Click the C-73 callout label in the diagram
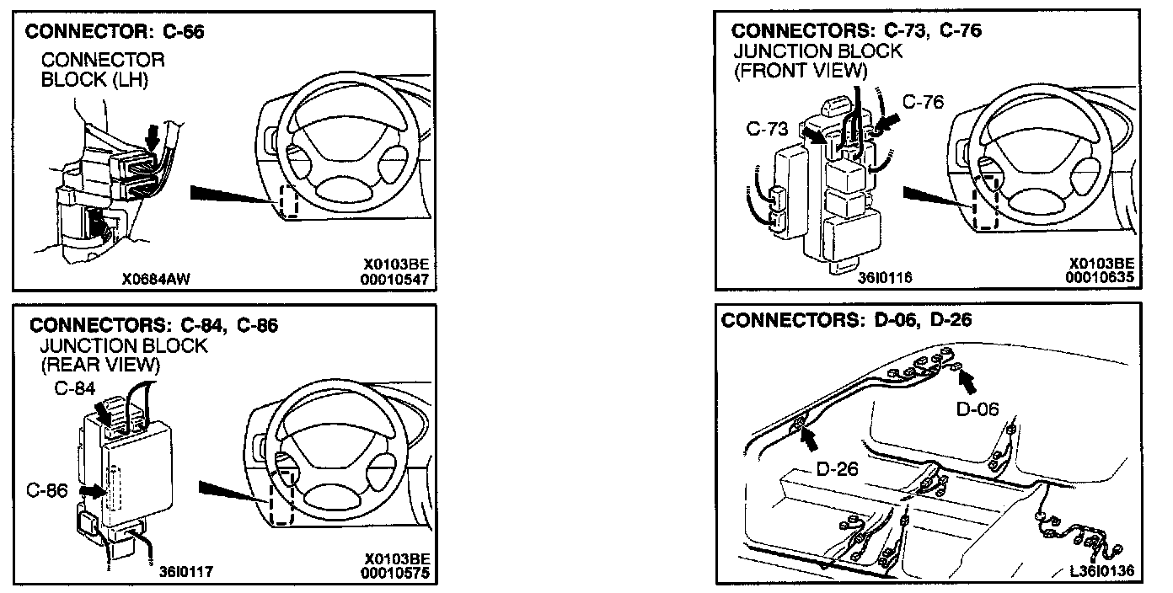[x=767, y=129]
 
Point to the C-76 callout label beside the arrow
[x=924, y=103]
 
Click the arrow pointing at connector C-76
[x=886, y=124]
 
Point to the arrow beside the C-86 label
[x=86, y=489]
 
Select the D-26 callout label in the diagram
[x=837, y=468]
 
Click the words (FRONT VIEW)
[x=800, y=71]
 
